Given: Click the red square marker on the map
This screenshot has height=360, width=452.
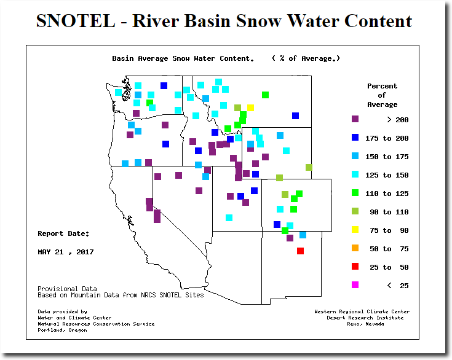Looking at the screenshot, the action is point(300,251).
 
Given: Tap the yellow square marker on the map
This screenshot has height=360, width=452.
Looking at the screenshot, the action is point(250,108).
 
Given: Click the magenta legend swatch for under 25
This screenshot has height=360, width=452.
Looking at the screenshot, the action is point(355,285).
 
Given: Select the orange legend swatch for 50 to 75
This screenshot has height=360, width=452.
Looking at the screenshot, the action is point(355,248).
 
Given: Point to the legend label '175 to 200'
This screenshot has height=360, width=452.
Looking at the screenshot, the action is point(387,138).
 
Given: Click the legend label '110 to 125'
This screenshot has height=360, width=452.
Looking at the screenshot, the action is point(387,194).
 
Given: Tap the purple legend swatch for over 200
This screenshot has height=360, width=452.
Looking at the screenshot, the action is point(355,119).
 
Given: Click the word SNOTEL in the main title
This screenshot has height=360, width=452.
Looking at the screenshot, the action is point(76,21).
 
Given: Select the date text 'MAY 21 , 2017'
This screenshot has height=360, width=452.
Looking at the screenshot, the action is point(66,252).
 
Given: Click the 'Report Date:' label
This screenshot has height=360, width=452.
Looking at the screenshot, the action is point(63,233).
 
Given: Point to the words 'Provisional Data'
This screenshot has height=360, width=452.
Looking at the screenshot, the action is point(67,289).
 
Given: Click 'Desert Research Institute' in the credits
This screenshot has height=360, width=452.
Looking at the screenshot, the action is point(365,318).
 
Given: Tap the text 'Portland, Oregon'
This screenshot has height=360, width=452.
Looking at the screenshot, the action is point(62,330).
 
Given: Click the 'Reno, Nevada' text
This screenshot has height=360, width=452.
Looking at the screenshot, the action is point(365,324).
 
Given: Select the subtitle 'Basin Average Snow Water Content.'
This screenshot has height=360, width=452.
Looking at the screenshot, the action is point(183,58).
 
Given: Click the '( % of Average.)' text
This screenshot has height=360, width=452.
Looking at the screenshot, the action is point(306,58).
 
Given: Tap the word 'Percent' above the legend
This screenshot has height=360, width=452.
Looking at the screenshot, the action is point(383,86).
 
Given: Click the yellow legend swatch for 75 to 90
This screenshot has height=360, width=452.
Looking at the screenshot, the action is point(355,230).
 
